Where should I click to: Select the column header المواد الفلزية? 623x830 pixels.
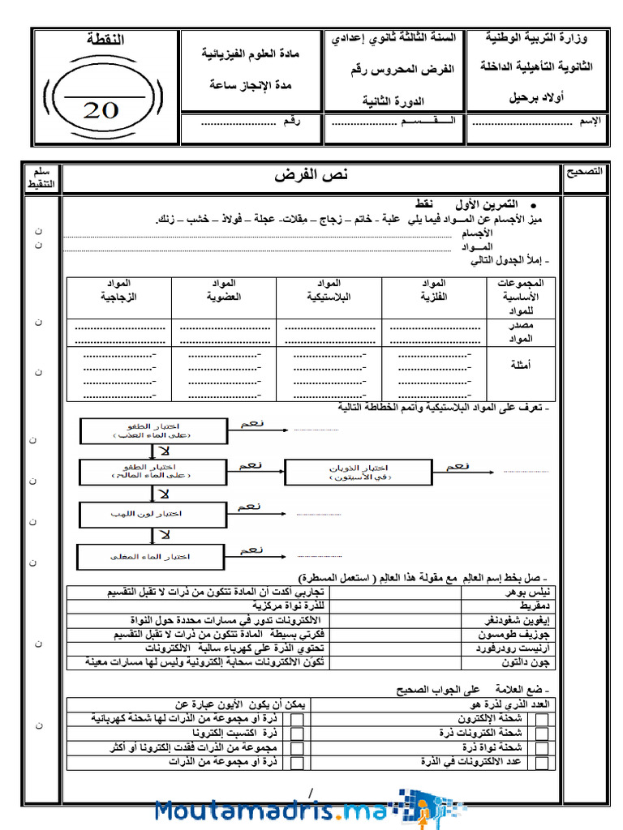[x=435, y=290]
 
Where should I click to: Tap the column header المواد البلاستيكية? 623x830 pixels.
[x=329, y=290]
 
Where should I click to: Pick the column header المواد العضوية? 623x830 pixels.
[x=224, y=290]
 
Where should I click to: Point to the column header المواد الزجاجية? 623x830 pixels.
[x=118, y=290]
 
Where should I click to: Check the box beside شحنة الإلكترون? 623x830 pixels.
[x=542, y=719]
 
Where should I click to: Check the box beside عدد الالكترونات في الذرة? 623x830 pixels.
[x=542, y=763]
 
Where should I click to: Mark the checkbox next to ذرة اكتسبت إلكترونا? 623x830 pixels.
[x=298, y=734]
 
